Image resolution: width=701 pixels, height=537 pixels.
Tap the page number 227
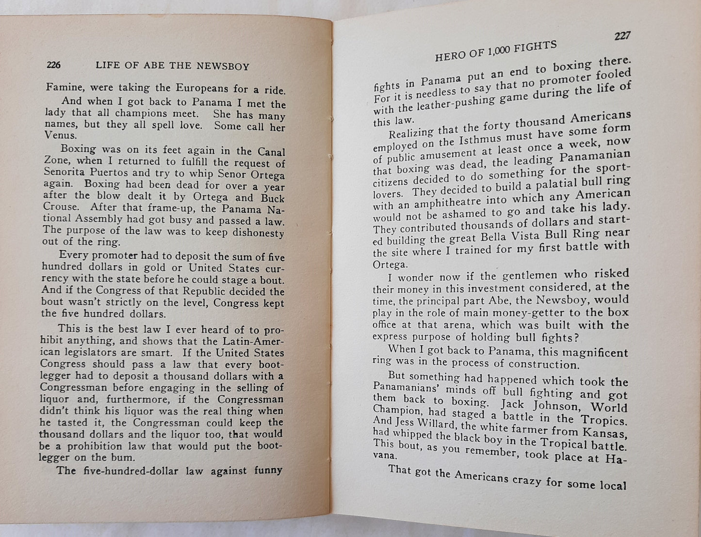621,36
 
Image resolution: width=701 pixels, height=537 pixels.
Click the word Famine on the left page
62,88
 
